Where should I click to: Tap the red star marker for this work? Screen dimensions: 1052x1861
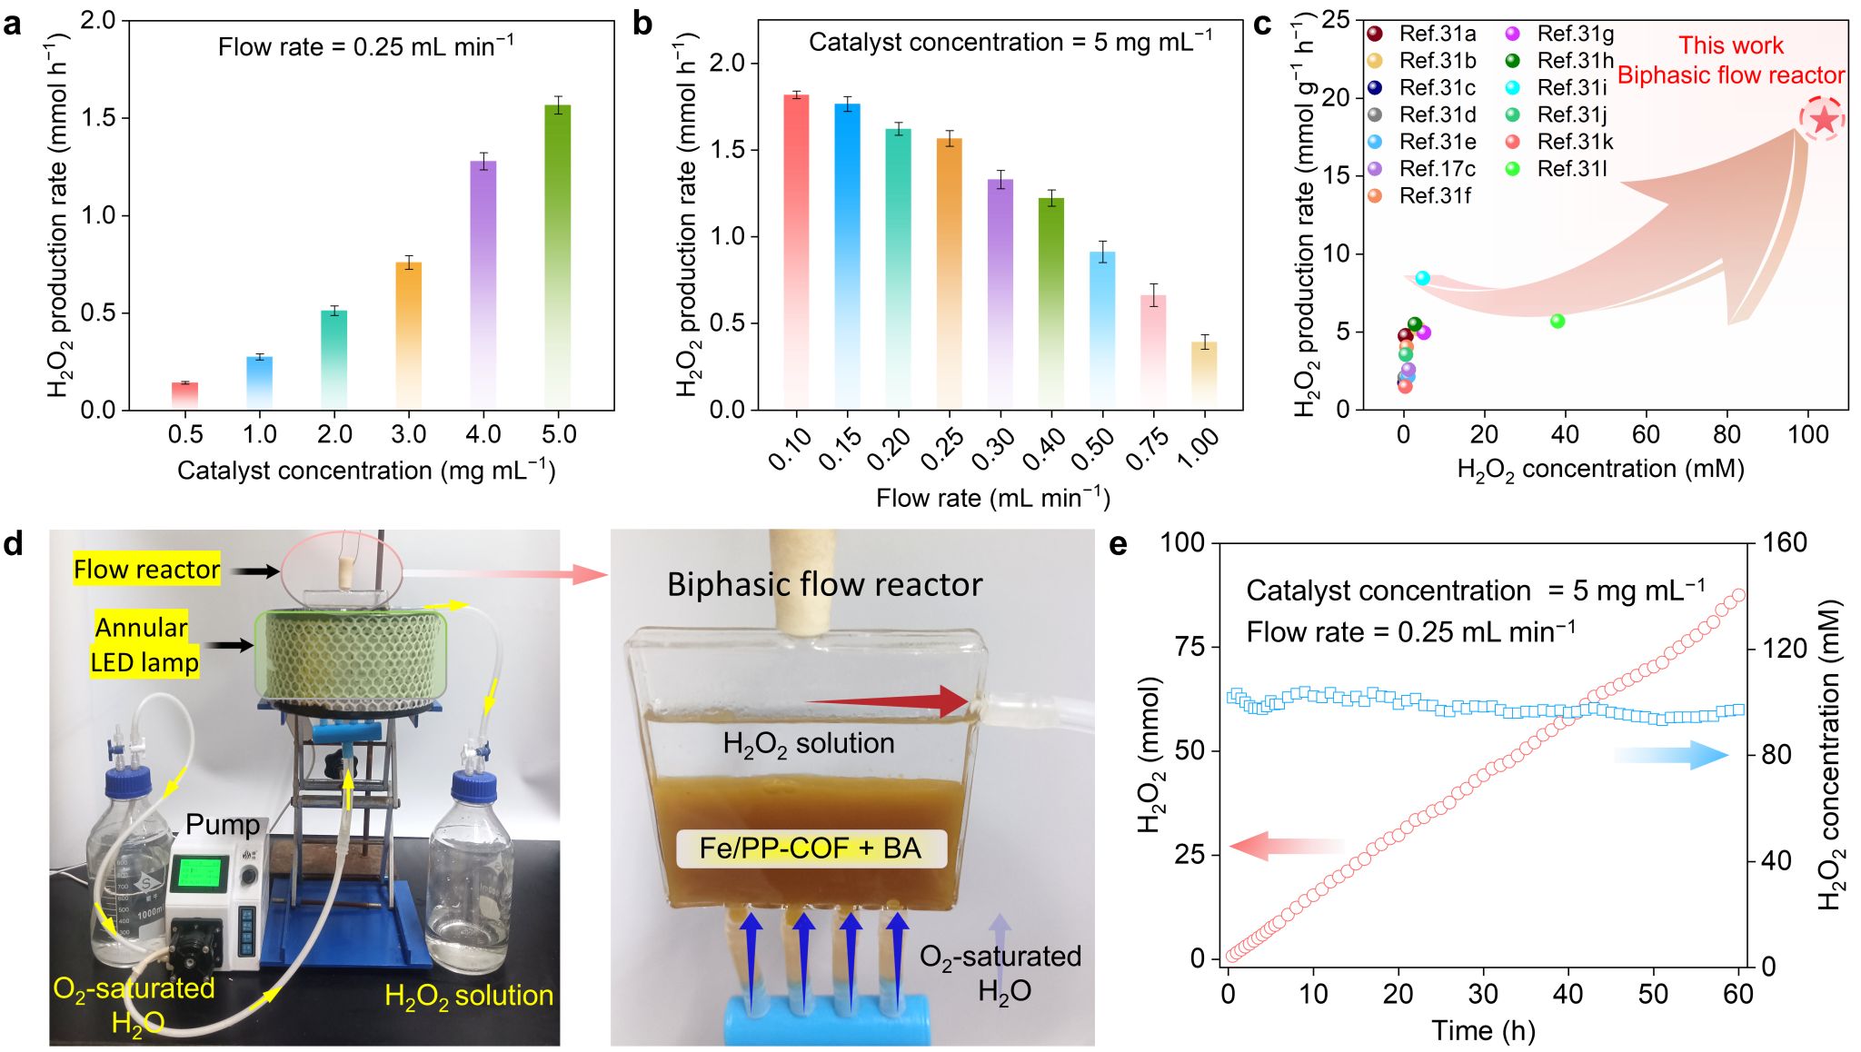[x=1823, y=119]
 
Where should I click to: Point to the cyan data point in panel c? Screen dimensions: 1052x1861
[x=1422, y=278]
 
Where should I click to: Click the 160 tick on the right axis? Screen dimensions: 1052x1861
[x=1785, y=543]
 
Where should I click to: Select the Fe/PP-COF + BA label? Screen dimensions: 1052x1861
[x=811, y=849]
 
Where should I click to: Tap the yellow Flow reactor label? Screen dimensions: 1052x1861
[x=146, y=570]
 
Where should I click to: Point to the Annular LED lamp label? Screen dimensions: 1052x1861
[x=143, y=644]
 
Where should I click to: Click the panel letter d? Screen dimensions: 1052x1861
[x=13, y=545]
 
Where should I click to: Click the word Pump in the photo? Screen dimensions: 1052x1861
[x=222, y=824]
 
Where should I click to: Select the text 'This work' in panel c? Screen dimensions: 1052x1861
[x=1730, y=45]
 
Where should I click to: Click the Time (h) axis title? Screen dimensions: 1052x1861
[x=1483, y=1031]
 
